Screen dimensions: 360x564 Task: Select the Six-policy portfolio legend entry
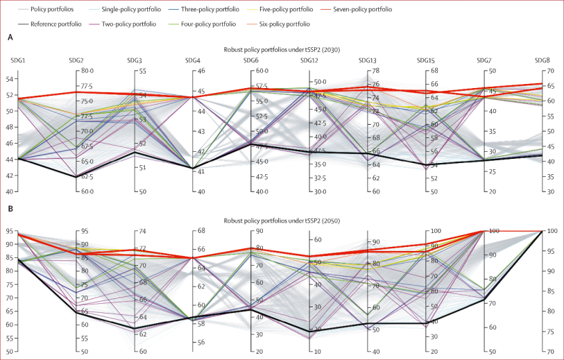tap(288, 24)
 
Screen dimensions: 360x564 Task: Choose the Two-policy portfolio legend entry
tap(135, 24)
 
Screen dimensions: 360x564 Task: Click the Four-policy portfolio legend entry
tap(211, 24)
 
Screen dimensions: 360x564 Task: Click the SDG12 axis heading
tap(309, 60)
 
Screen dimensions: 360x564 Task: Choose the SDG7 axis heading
tap(484, 60)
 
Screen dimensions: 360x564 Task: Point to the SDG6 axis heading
tap(252, 60)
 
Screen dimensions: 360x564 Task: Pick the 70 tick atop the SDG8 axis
tap(548, 71)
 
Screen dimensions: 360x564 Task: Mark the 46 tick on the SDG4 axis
tap(200, 71)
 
